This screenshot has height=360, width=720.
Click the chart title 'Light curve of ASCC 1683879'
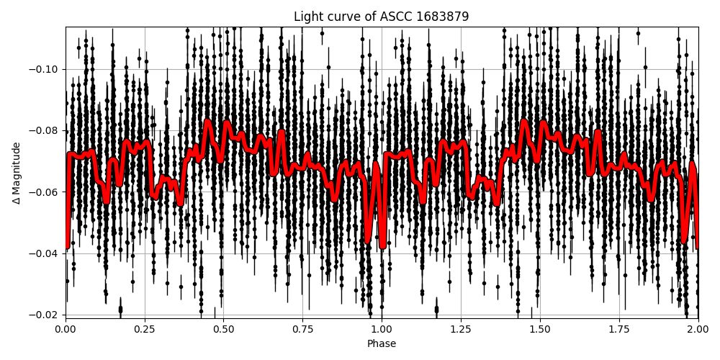pos(381,17)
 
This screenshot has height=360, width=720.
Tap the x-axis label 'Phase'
pos(381,344)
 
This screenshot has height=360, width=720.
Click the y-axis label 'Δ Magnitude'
pos(17,173)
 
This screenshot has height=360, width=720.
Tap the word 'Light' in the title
pos(307,17)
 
